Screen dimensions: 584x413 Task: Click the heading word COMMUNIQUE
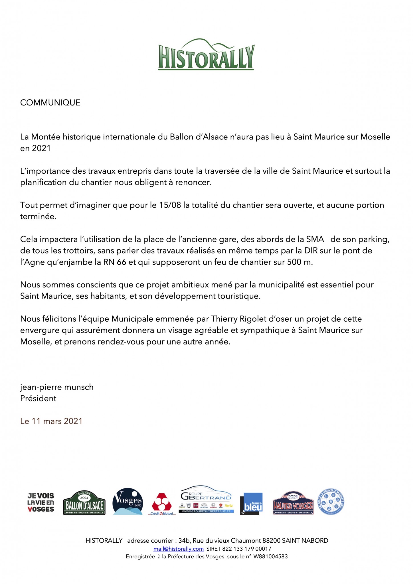(x=50, y=103)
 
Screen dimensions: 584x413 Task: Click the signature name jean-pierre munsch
(x=57, y=387)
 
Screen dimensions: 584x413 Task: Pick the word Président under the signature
(x=38, y=398)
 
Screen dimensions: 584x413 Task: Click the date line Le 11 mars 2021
(x=51, y=421)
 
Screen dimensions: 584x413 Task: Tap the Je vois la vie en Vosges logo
(x=41, y=502)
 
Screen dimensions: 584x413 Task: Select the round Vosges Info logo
(x=127, y=501)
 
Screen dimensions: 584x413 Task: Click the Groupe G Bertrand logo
(x=206, y=500)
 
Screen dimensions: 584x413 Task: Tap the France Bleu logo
(x=251, y=504)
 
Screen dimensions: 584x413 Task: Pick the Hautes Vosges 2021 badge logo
(x=293, y=504)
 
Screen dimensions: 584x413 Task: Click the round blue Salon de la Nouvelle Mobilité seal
(x=331, y=502)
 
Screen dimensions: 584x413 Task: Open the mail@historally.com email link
(x=179, y=549)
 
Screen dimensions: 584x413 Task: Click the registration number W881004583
(x=270, y=556)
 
